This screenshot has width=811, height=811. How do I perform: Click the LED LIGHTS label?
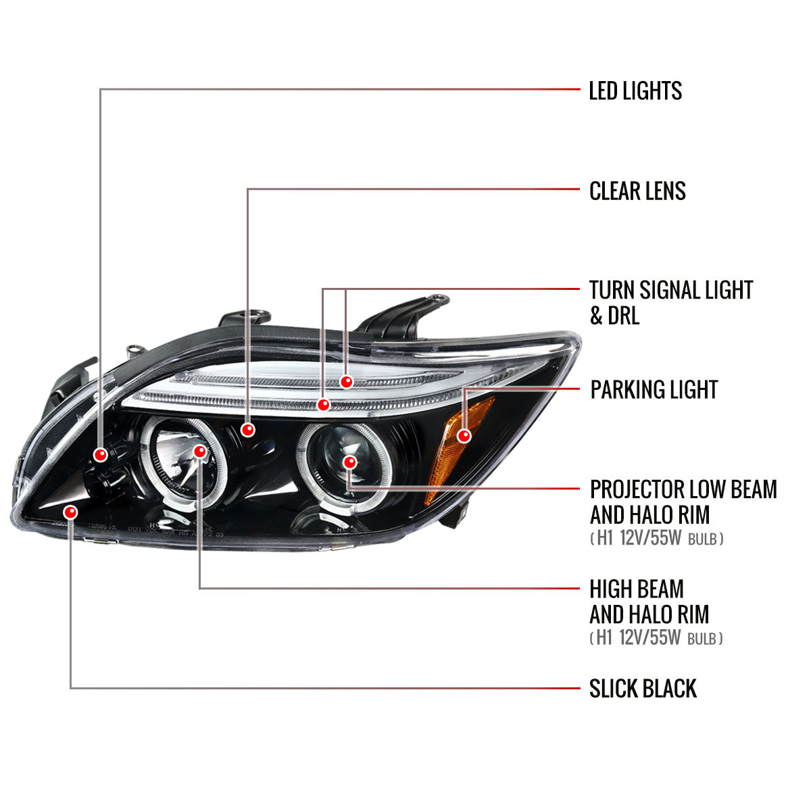pyautogui.click(x=635, y=91)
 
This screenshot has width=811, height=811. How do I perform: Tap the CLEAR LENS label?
pyautogui.click(x=637, y=191)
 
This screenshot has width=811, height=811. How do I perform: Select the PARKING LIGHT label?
pyautogui.click(x=654, y=389)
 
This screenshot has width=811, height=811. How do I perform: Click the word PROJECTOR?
pyautogui.click(x=637, y=489)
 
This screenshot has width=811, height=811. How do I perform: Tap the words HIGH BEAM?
pyautogui.click(x=637, y=589)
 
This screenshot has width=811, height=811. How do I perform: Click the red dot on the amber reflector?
pyautogui.click(x=464, y=436)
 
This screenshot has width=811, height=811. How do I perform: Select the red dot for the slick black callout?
pyautogui.click(x=71, y=512)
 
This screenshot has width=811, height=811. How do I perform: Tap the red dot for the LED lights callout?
pyautogui.click(x=101, y=455)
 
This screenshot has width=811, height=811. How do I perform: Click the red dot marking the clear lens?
pyautogui.click(x=248, y=430)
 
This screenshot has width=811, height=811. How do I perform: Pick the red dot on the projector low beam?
pyautogui.click(x=349, y=462)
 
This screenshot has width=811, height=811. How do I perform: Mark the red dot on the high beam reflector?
pyautogui.click(x=200, y=451)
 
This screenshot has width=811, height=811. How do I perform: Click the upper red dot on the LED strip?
pyautogui.click(x=347, y=382)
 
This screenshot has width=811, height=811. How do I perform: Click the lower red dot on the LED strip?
pyautogui.click(x=323, y=405)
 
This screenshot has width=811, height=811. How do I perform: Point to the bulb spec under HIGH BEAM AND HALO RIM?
pyautogui.click(x=656, y=638)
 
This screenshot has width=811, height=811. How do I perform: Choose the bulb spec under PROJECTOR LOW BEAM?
pyautogui.click(x=656, y=538)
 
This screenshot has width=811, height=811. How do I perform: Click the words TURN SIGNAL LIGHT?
pyautogui.click(x=671, y=290)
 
